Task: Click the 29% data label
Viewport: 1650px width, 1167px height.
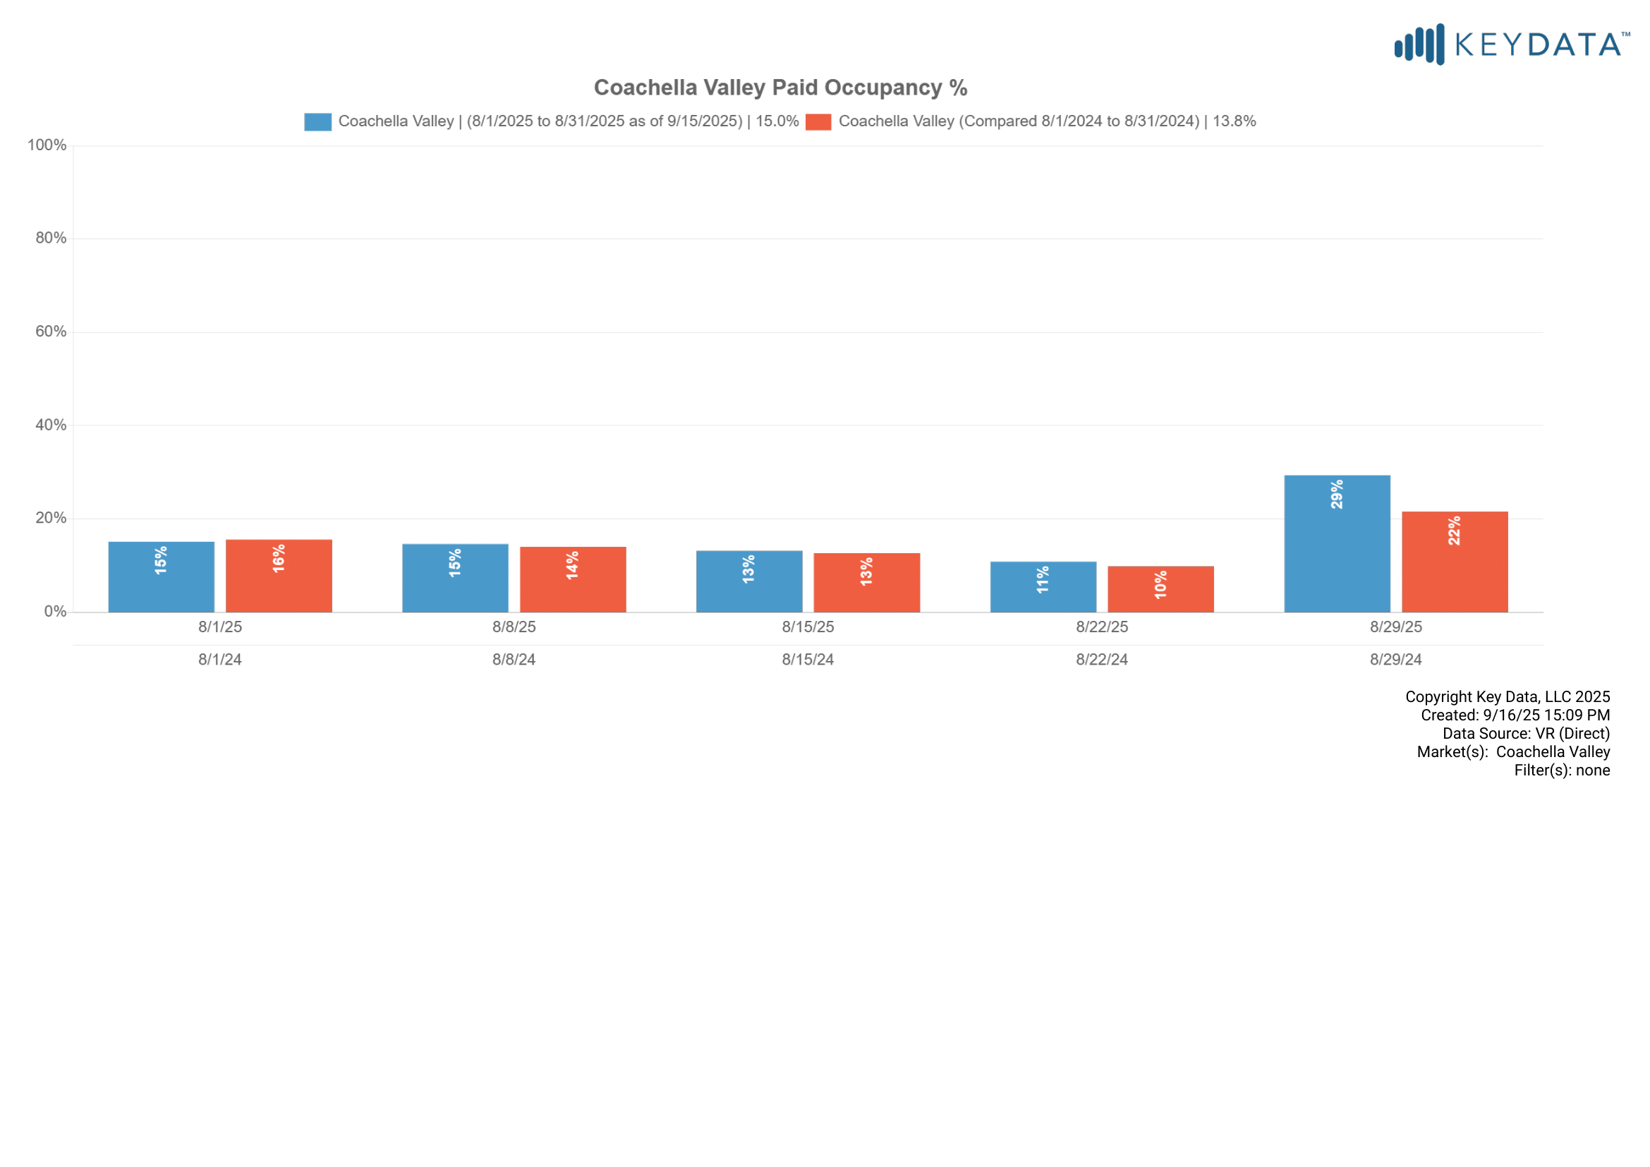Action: click(x=1337, y=495)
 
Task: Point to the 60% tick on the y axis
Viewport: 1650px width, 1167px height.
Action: click(x=51, y=332)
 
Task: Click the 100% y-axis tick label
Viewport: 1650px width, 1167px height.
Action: click(x=47, y=145)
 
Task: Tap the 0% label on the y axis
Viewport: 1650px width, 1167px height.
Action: click(x=55, y=612)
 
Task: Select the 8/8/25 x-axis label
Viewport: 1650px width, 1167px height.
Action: click(x=514, y=627)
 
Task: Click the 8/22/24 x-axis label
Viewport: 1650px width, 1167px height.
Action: click(x=1102, y=660)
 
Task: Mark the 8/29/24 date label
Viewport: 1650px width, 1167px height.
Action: click(x=1395, y=660)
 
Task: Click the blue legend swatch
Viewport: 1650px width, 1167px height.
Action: click(x=317, y=121)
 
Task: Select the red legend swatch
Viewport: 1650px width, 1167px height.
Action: click(x=818, y=121)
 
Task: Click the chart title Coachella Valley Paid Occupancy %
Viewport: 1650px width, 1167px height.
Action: click(x=780, y=87)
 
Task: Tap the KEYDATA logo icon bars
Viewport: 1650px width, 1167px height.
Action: click(x=1419, y=44)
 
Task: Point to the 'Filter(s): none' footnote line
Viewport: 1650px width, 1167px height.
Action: click(x=1562, y=770)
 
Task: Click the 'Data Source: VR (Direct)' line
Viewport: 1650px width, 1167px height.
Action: click(x=1526, y=734)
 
